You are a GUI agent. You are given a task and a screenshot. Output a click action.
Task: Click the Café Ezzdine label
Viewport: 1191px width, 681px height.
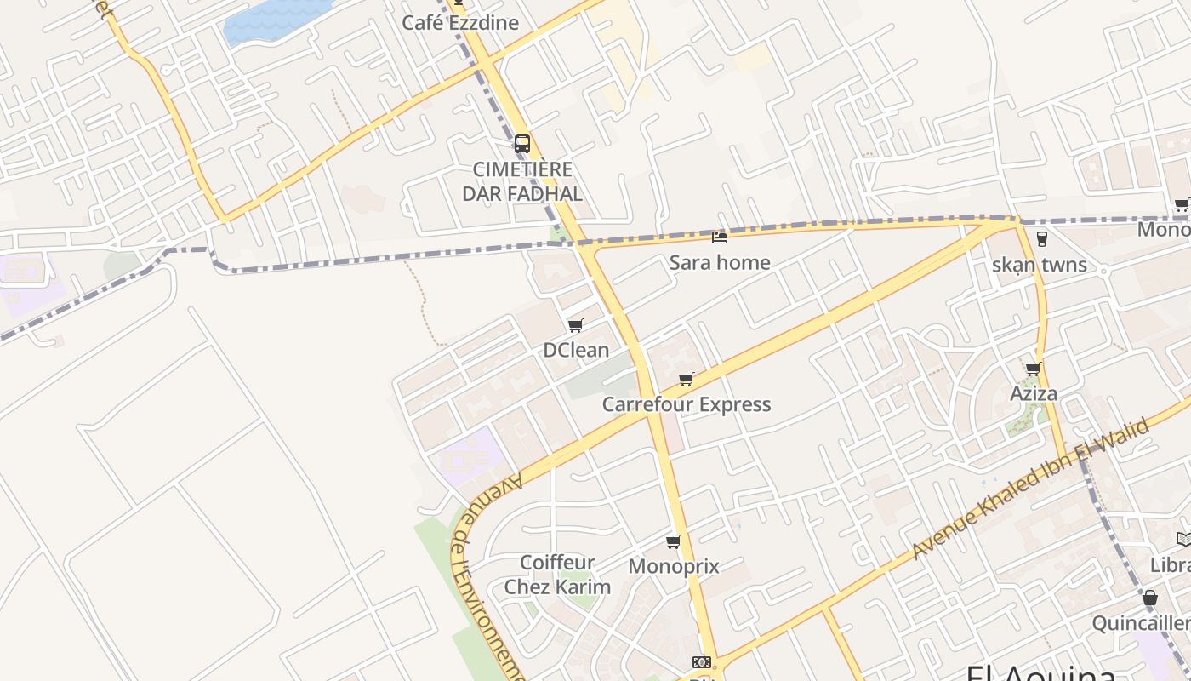[x=459, y=23]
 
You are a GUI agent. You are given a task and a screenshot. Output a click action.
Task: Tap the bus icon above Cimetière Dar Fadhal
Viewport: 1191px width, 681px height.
[x=522, y=143]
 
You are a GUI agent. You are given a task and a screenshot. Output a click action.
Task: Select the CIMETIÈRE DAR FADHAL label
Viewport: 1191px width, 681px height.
[x=522, y=181]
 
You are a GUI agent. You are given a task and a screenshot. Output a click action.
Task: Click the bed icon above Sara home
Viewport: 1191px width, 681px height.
[x=720, y=237]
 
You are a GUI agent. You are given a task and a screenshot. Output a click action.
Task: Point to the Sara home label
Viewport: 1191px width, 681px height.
[x=720, y=262]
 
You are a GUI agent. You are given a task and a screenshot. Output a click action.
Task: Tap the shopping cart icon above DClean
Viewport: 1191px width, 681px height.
[x=576, y=326]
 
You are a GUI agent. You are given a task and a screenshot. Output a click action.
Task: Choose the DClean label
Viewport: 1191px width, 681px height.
[x=576, y=350]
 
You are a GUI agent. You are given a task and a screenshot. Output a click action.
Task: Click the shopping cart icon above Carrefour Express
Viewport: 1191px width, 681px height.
[x=687, y=380]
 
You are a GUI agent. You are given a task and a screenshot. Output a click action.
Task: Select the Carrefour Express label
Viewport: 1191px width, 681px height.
[x=687, y=404]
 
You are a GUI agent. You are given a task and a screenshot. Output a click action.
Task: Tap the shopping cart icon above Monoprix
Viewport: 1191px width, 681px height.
[x=674, y=541]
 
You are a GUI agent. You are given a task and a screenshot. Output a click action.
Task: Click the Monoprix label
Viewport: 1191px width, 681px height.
[x=674, y=566]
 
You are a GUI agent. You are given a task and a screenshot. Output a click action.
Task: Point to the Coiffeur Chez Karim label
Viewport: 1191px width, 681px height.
[x=557, y=575]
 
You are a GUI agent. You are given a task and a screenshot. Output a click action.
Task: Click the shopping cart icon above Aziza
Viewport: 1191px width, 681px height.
[x=1034, y=369]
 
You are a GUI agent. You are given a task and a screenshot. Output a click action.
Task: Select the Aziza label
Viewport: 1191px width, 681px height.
[x=1034, y=393]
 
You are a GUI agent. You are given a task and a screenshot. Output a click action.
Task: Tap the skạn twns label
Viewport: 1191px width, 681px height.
[x=1040, y=265]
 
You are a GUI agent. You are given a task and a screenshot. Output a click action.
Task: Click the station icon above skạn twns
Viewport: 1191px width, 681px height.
[x=1041, y=239]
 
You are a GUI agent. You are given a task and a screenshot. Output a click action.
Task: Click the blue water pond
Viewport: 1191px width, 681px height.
[x=272, y=19]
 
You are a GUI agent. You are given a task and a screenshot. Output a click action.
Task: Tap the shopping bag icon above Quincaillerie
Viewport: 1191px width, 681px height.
[x=1150, y=598]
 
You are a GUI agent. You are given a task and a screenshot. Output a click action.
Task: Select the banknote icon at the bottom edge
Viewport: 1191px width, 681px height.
[x=701, y=662]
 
